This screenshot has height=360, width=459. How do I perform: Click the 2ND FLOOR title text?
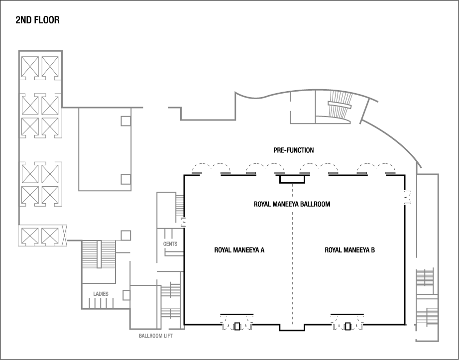38,20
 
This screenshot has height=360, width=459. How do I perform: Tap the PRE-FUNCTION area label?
294,150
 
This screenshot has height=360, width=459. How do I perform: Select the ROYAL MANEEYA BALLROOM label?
292,204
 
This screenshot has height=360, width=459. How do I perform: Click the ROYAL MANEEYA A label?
239,250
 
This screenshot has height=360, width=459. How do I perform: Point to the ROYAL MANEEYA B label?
349,250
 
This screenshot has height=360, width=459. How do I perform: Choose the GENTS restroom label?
170,244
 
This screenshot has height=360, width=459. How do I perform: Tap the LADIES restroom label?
101,294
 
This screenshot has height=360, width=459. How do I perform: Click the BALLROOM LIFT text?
156,336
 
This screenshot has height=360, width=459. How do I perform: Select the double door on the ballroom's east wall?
407,197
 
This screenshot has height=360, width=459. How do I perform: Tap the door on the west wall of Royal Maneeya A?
183,222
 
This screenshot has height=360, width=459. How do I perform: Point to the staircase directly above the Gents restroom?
180,206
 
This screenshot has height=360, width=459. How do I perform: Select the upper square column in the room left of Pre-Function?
126,120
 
